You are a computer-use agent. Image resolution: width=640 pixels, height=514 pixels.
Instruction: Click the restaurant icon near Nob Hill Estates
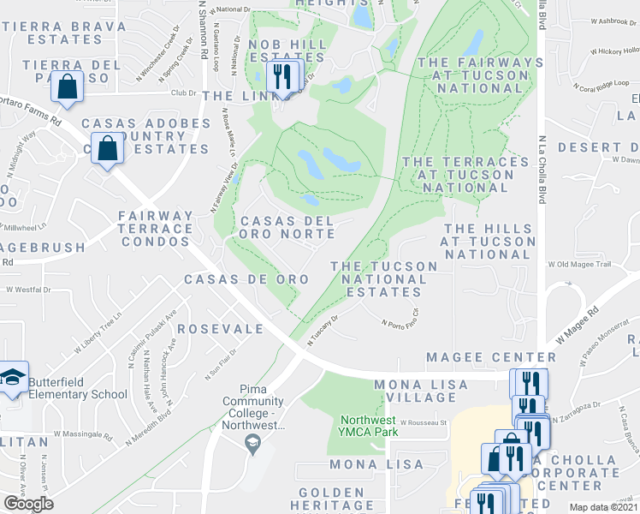coord(283,77)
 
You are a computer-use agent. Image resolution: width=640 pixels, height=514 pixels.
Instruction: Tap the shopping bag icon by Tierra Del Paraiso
coord(68,87)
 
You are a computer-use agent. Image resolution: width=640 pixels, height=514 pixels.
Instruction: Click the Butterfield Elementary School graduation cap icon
coord(14,378)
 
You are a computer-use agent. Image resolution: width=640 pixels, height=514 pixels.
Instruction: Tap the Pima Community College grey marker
coord(252,443)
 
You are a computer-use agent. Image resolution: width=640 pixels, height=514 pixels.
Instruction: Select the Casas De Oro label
coord(234,279)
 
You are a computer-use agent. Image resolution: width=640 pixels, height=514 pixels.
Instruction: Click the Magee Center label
coord(490,356)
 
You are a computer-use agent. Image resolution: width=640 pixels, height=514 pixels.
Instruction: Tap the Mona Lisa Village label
coord(415,391)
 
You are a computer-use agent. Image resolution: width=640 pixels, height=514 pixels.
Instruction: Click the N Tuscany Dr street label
coord(325,330)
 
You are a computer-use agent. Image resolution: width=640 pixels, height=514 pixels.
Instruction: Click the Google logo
coord(27,504)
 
